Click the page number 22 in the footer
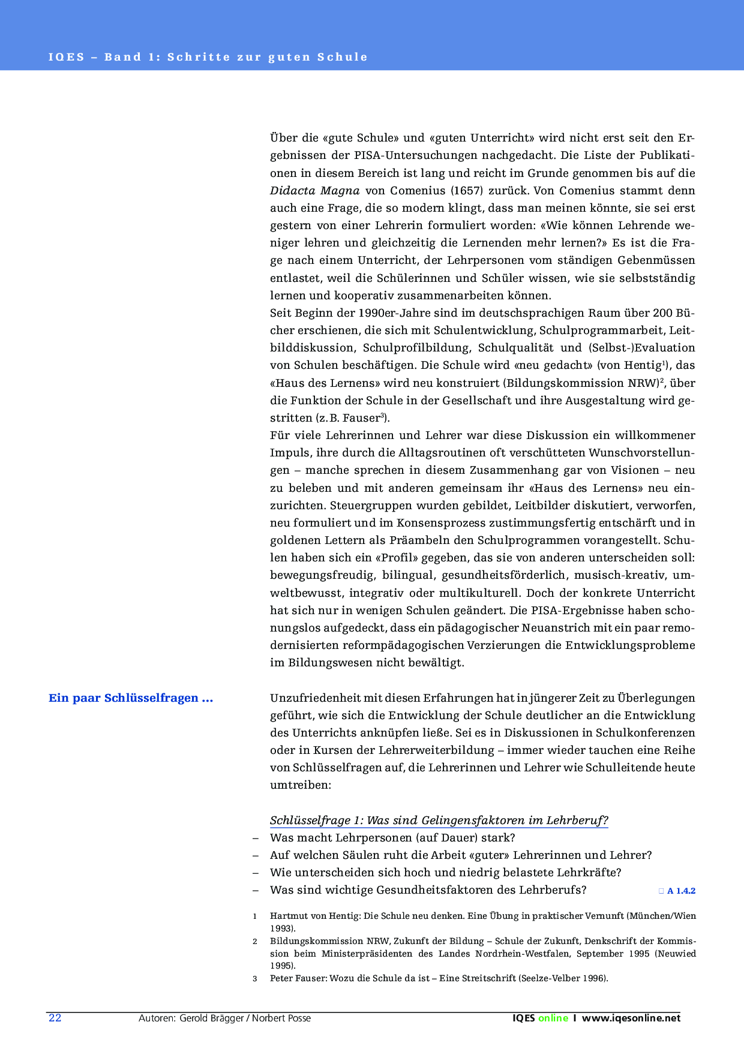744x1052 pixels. tap(55, 1018)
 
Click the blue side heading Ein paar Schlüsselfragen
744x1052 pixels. tap(131, 698)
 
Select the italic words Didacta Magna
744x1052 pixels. tap(314, 191)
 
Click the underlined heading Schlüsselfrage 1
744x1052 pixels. tap(439, 820)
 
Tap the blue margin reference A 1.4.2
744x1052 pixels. tap(681, 891)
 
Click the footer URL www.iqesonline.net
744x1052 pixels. tap(631, 1018)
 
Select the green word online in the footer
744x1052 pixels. tap(553, 1018)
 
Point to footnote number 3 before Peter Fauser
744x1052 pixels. tap(255, 979)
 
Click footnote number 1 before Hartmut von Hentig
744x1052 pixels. tap(255, 916)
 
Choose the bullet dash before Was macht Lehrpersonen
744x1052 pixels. tap(256, 838)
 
